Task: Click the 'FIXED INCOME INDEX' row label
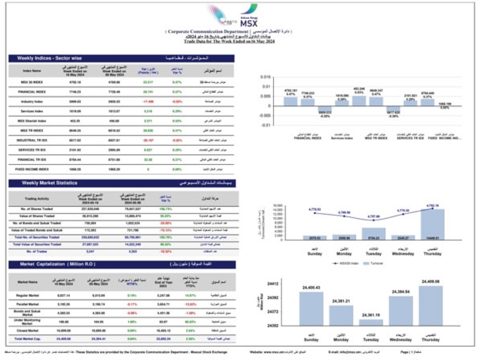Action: [32, 169]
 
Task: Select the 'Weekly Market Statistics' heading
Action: [49, 183]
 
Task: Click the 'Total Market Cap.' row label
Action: [29, 340]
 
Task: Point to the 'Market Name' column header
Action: [29, 281]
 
